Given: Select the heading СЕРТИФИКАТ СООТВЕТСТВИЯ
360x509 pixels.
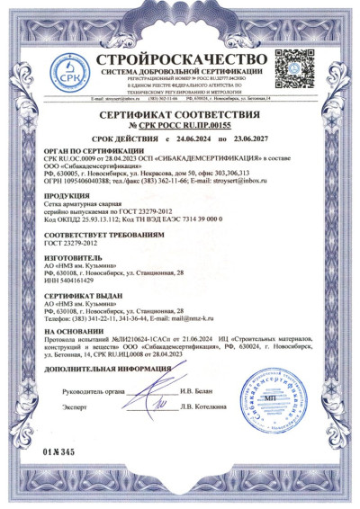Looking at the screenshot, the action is click(180, 117).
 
